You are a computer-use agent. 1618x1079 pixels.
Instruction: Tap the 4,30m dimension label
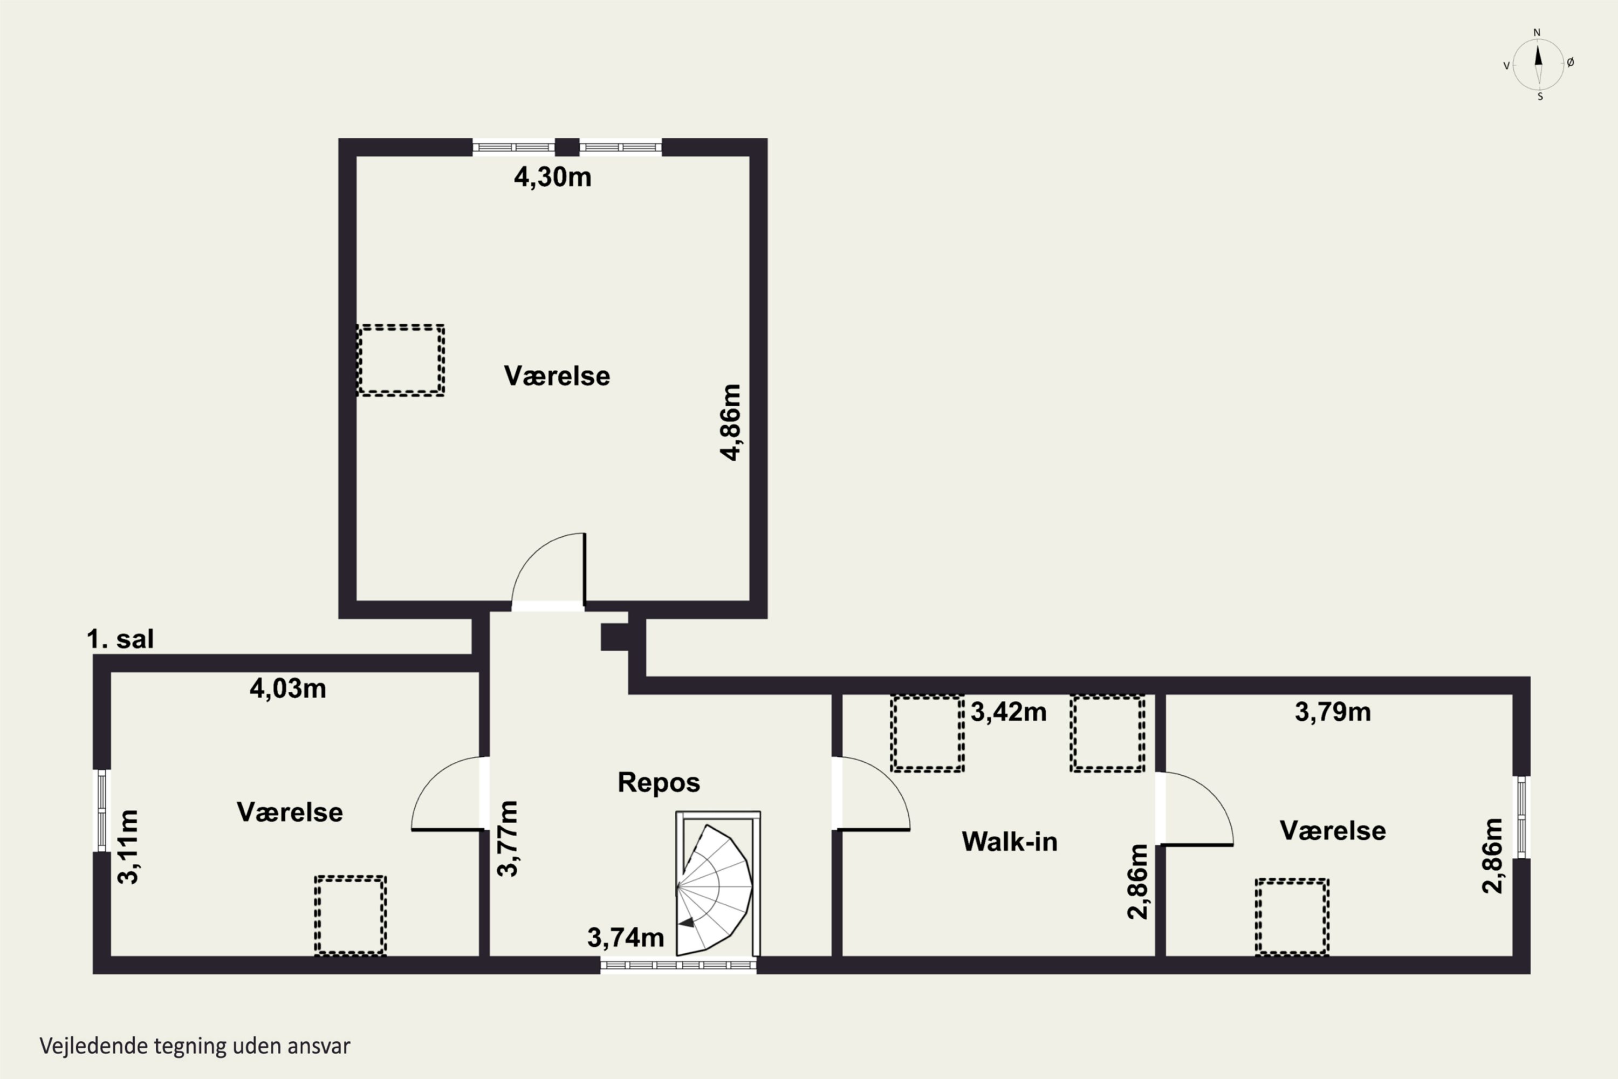pos(552,177)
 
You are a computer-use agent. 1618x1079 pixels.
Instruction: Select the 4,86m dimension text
pos(731,422)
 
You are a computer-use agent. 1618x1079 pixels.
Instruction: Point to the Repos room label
pos(659,782)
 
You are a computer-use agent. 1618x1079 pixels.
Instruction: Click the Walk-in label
pos(1009,842)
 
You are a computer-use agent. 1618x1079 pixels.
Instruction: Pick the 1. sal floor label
pos(120,639)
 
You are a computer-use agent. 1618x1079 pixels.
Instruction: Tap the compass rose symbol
pos(1538,65)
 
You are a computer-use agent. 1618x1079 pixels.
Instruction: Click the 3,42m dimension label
pos(1009,712)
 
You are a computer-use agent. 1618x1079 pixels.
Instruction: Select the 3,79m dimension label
pos(1333,712)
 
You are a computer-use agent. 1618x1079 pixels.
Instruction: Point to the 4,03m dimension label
pos(287,688)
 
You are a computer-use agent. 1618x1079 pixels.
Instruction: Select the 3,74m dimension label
pos(625,937)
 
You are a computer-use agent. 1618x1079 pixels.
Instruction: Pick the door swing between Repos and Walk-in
pos(871,794)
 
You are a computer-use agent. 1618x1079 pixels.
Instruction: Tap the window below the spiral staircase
pos(678,966)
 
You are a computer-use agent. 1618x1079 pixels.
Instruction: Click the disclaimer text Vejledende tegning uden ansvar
pos(195,1046)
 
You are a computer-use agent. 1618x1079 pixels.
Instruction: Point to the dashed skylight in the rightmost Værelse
pos(1292,917)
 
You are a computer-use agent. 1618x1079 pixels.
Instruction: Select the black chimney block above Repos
pos(614,637)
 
